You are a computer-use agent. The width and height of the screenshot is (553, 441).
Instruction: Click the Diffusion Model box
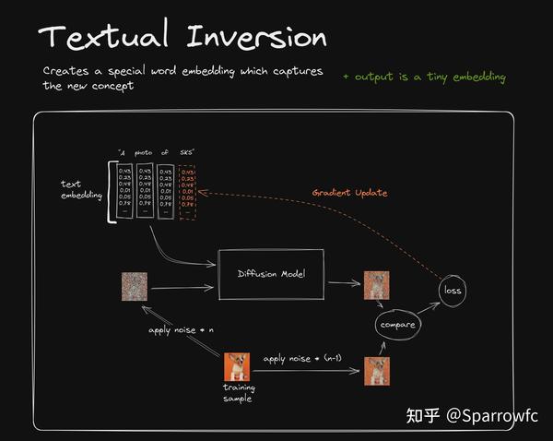click(x=270, y=274)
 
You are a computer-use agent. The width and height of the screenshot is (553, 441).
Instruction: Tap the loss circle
click(x=453, y=291)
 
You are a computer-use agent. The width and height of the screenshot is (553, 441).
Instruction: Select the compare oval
click(x=398, y=325)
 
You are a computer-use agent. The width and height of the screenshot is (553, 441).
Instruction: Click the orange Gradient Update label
click(x=349, y=193)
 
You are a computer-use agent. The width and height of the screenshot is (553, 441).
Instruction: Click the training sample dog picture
click(x=238, y=367)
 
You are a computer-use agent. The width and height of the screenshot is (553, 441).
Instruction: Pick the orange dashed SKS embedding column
click(x=187, y=191)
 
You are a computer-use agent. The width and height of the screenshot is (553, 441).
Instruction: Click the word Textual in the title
click(x=103, y=38)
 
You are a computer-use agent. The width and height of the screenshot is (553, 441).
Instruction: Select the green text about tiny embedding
click(x=423, y=77)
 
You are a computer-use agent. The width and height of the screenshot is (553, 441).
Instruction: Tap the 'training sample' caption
click(x=239, y=393)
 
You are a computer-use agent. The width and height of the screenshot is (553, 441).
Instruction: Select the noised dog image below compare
click(x=376, y=370)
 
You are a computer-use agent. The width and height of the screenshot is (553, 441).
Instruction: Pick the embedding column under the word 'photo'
click(x=145, y=191)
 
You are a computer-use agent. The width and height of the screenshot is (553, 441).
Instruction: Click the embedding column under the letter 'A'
click(x=123, y=191)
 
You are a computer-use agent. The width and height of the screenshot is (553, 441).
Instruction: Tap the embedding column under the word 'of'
click(x=165, y=191)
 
